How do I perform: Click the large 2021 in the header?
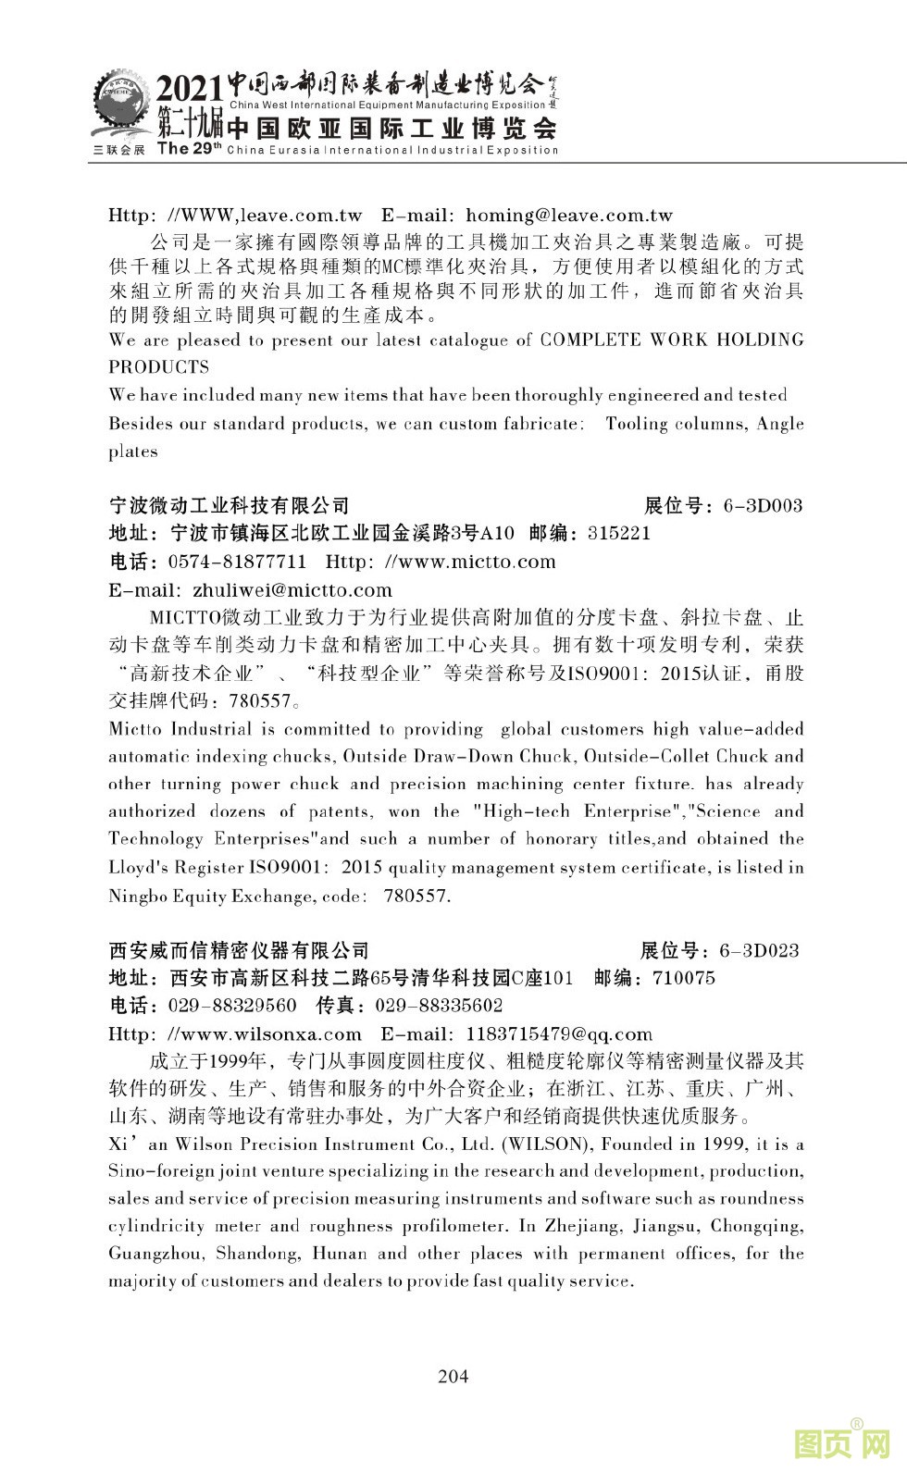[190, 90]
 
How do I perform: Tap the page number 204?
[453, 1376]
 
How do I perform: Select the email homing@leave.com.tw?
[568, 216]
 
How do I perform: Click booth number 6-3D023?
[759, 950]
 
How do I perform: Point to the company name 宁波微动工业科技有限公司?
[230, 505]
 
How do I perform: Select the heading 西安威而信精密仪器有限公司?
[239, 950]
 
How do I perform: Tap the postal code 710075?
[684, 978]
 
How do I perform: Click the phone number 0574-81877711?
[238, 562]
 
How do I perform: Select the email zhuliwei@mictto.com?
[292, 590]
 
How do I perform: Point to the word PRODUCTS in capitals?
[159, 366]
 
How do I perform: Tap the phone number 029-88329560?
[233, 1006]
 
